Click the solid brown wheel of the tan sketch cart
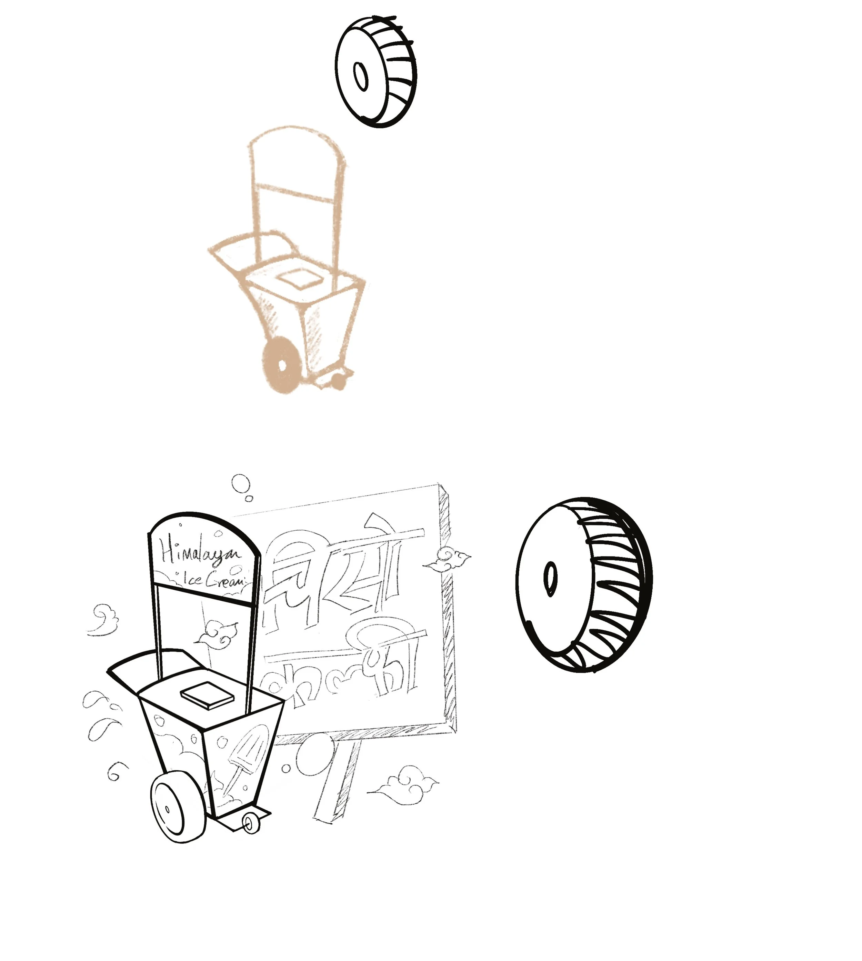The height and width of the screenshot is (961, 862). pyautogui.click(x=282, y=365)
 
